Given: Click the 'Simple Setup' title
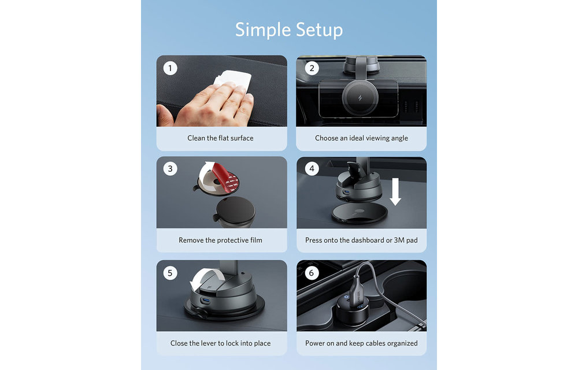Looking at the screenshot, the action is [289, 30].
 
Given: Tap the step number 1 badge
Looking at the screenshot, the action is [170, 68].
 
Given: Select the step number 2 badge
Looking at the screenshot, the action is [312, 68].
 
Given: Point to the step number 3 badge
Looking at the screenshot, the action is [170, 169].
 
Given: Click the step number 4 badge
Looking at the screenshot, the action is [312, 169].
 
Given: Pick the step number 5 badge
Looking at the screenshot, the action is [170, 273].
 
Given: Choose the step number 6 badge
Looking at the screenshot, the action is [312, 273].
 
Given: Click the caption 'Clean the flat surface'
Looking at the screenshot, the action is [220, 138].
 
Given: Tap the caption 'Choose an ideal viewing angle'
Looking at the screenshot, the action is [361, 138].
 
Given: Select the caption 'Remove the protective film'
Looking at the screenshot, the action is [220, 240].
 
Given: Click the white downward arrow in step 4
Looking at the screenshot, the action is [395, 191].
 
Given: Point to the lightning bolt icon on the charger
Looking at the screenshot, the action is [360, 98].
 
